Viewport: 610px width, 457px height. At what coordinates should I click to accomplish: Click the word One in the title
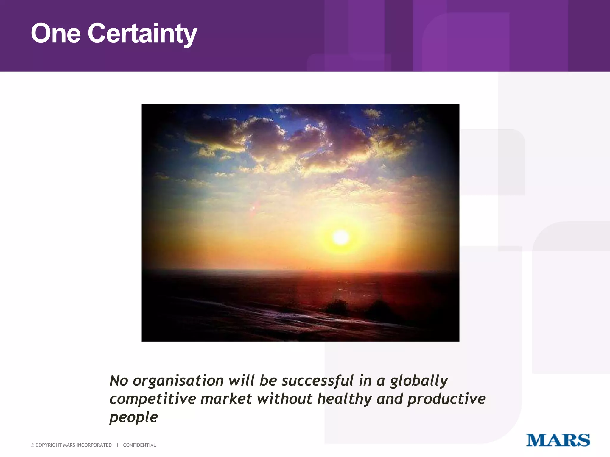coord(56,33)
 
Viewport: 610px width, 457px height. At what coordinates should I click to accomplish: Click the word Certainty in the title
coord(142,34)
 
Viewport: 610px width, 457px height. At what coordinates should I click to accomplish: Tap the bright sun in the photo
coord(341,237)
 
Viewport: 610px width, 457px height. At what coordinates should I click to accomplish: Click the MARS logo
coord(558,440)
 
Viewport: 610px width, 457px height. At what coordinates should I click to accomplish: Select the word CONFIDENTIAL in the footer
coord(139,445)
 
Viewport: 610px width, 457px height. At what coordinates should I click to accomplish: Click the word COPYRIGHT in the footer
coord(49,445)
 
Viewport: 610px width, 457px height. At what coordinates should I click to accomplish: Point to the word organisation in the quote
coord(178,381)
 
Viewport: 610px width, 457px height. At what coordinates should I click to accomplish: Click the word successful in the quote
coord(318,381)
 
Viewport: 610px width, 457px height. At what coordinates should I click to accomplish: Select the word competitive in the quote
coord(152,399)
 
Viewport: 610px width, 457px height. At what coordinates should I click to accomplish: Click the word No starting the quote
coord(119,381)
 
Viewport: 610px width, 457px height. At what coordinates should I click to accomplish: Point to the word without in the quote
coord(284,399)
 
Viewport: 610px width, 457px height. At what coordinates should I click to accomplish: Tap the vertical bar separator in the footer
coord(117,445)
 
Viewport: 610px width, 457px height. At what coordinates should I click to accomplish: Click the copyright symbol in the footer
coord(32,445)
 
